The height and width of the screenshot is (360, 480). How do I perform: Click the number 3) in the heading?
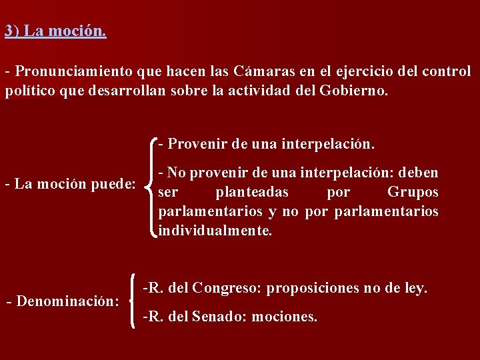(11, 31)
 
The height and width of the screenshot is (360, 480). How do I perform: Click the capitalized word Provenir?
(195, 144)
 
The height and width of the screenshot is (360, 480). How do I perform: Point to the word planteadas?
(252, 192)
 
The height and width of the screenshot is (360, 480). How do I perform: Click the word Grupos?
(413, 192)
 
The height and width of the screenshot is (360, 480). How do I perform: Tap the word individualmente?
(215, 231)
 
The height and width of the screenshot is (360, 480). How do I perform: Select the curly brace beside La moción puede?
(153, 187)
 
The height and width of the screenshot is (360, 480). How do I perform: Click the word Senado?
(219, 317)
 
